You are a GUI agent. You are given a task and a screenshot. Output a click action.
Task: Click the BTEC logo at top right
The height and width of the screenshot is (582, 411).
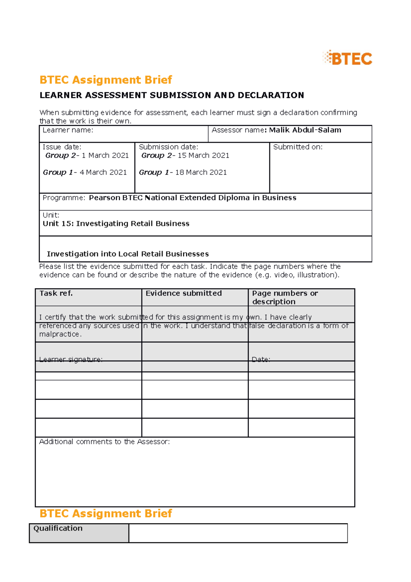tap(347, 58)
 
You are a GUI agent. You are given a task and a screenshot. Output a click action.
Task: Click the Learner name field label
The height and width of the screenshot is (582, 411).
tap(68, 130)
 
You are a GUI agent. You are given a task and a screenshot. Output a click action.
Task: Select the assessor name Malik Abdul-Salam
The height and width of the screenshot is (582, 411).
tap(305, 130)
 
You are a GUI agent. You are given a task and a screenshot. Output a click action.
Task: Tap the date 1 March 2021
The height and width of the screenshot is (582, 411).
tap(105, 156)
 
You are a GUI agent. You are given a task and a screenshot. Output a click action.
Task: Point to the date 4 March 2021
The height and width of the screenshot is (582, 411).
tap(103, 172)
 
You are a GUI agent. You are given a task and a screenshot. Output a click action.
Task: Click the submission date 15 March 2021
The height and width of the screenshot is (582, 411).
tap(203, 156)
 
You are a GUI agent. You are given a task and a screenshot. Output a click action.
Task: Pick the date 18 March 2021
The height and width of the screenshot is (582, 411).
tap(201, 172)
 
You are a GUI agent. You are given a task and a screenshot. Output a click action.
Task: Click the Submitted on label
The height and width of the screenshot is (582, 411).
tap(298, 147)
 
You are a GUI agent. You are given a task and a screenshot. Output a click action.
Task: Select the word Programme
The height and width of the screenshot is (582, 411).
tap(63, 198)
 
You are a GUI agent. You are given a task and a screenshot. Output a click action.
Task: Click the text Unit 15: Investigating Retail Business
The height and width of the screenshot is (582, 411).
tap(116, 223)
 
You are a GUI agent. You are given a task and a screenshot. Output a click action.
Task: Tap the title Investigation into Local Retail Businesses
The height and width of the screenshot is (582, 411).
tap(128, 254)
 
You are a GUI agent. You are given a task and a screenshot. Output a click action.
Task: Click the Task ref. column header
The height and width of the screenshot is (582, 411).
tap(56, 293)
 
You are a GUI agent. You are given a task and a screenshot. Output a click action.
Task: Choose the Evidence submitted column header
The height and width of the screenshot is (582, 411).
tap(184, 293)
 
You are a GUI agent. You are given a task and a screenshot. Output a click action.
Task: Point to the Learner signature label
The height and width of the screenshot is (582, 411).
tap(71, 360)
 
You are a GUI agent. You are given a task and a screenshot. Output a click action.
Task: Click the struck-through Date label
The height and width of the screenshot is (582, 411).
tap(261, 360)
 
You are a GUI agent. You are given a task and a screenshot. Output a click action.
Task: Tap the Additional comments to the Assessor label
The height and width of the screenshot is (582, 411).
tap(104, 442)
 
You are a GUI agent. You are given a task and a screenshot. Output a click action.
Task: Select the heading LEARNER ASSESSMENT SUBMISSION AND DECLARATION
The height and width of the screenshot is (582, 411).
tap(172, 95)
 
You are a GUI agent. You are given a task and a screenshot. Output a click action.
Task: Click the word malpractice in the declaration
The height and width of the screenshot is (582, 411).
tap(60, 334)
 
